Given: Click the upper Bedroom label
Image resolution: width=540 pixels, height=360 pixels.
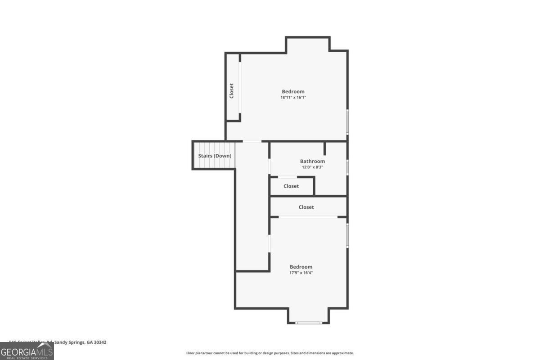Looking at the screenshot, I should point(293,91).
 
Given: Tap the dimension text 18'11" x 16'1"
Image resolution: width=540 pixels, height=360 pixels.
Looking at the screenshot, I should point(293,97).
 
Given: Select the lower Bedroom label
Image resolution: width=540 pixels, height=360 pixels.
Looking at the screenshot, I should point(301,267).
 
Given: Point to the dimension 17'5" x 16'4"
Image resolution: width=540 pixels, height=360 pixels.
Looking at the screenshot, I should point(301,273).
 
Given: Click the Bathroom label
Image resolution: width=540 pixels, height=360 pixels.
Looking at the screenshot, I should point(312,161).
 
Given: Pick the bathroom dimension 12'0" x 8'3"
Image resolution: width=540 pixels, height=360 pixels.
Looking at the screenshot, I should point(312,167).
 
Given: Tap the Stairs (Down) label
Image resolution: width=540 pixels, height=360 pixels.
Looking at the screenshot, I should point(215,156).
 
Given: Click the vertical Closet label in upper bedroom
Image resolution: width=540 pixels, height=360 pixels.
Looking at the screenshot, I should point(232,91).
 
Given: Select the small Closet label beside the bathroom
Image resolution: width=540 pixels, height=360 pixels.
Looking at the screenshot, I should point(291,186).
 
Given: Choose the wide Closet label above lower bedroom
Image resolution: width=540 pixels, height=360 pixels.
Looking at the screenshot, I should point(306,207).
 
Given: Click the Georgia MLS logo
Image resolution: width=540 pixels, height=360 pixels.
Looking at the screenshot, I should point(27,351).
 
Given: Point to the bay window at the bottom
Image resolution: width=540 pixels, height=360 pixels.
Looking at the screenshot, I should point(309,322).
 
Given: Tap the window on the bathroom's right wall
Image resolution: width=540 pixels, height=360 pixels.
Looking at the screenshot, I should point(347,167).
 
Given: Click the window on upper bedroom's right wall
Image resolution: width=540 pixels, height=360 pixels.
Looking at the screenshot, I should point(347,121).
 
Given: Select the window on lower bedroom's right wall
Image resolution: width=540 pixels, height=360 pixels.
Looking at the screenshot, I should point(347,235).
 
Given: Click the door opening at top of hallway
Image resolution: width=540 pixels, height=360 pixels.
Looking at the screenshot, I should point(252,141).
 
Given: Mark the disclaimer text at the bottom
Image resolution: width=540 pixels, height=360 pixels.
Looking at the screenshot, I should point(270,353).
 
